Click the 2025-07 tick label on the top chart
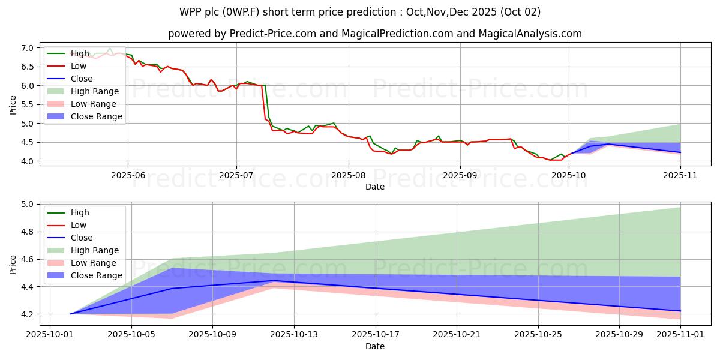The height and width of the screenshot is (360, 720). (x=236, y=175)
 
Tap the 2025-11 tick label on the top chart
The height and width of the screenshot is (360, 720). (x=680, y=175)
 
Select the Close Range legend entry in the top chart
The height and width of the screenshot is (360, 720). (x=95, y=116)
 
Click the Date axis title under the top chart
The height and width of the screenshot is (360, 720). (x=375, y=187)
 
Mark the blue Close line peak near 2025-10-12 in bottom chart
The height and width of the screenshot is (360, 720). (x=274, y=280)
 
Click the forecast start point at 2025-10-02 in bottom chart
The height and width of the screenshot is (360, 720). (x=70, y=314)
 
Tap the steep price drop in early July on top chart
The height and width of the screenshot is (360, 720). (x=265, y=102)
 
